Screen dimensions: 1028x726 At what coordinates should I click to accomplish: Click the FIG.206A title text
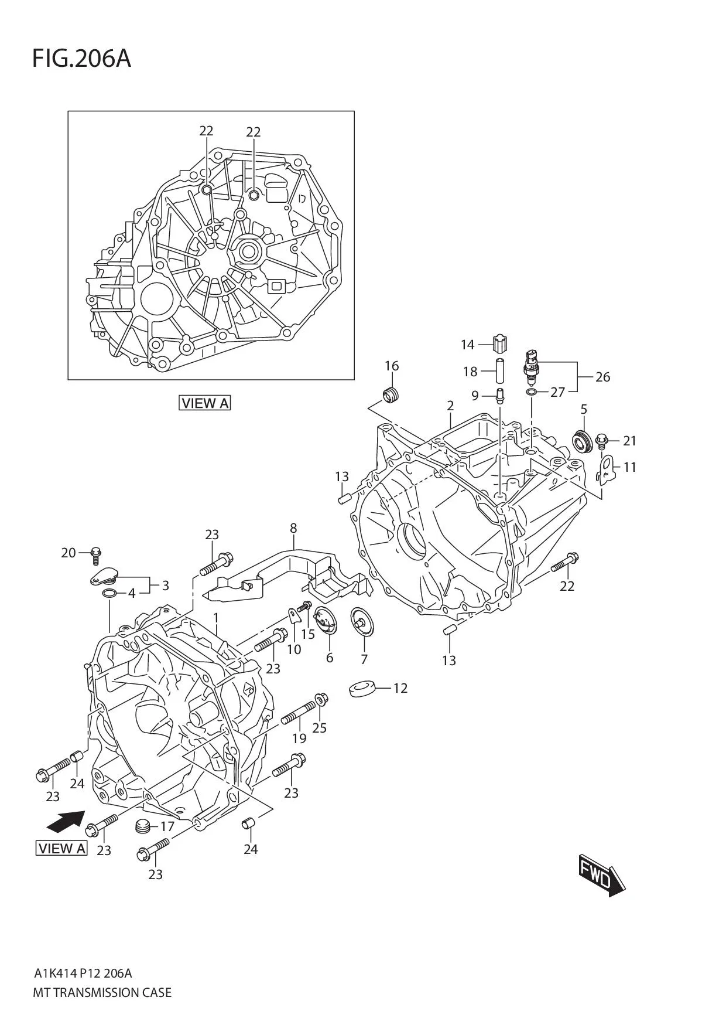81,59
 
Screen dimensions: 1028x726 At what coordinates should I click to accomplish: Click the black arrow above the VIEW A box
65,821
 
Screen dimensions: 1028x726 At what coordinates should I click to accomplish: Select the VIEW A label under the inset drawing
205,403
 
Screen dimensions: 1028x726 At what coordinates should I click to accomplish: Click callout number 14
467,345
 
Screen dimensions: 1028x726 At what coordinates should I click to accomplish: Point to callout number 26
602,377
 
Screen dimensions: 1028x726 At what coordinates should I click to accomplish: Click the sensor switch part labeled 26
531,366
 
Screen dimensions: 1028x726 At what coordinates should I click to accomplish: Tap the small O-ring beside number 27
530,392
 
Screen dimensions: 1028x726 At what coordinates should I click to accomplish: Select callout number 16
392,366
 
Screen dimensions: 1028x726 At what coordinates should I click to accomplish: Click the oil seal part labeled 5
582,441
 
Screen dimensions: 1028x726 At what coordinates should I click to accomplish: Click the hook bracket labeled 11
605,469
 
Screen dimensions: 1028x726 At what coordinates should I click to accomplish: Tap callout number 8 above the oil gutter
293,528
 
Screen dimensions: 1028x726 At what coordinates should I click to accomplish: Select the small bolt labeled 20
97,553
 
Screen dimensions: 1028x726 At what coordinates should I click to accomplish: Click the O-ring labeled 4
108,594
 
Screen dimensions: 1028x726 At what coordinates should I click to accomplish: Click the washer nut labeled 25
321,699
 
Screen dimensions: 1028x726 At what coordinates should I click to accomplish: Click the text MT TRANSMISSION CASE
102,993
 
